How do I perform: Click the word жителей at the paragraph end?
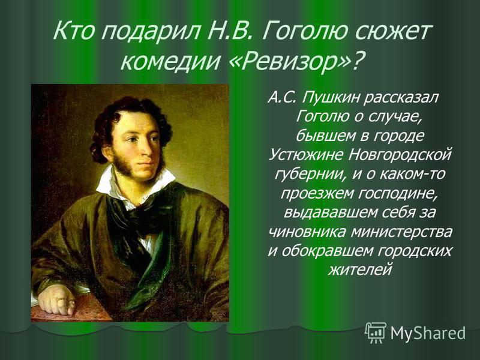[361, 269]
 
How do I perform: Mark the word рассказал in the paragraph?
[403, 98]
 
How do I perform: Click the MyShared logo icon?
[376, 332]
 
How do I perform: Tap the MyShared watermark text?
[428, 333]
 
